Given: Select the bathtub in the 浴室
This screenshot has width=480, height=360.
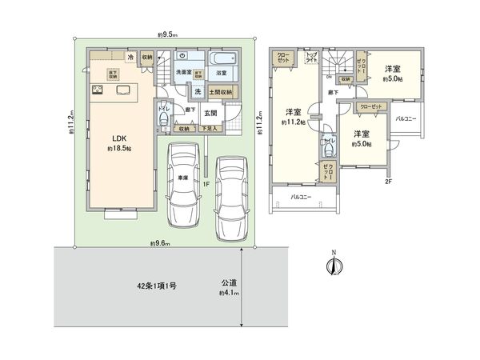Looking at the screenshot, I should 220,58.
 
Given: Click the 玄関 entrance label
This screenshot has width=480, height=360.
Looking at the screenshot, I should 210,114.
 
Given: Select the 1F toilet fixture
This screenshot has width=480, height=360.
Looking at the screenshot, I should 162,120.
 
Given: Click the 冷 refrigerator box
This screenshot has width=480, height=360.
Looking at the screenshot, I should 130,57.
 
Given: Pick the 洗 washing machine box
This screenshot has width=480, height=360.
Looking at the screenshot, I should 197,91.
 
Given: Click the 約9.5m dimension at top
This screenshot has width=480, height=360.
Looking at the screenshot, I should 167,34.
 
